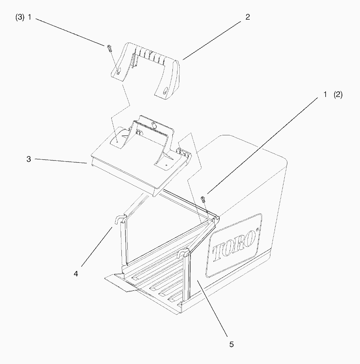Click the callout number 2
(247, 17)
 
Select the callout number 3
(29, 160)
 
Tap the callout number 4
(76, 274)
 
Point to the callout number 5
(231, 344)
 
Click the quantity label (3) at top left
(20, 18)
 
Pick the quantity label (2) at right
(338, 95)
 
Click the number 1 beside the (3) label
(29, 18)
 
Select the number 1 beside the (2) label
(325, 95)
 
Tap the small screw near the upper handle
(109, 48)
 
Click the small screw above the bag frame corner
(203, 199)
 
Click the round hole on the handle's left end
(118, 72)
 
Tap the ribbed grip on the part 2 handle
(151, 55)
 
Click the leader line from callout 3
(61, 161)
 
